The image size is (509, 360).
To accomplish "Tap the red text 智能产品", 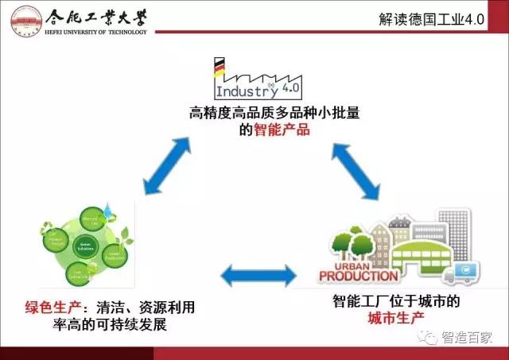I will click(281, 129).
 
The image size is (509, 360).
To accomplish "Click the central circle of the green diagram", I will click(85, 247).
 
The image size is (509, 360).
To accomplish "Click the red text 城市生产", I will click(396, 319).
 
